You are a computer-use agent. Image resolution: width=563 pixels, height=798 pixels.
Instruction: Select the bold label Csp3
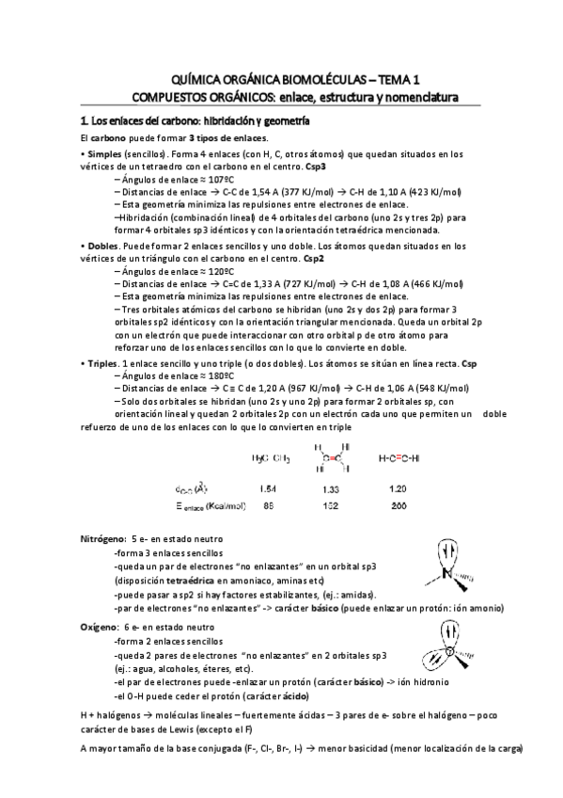point(342,166)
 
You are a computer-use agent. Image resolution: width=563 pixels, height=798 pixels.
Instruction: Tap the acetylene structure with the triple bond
point(399,458)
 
